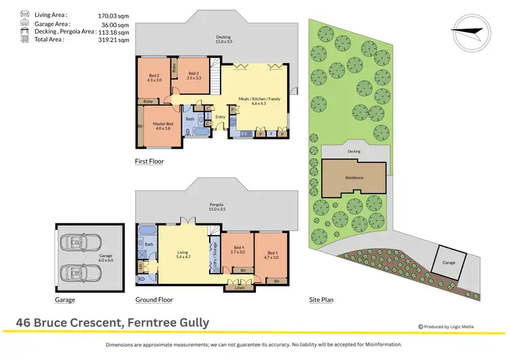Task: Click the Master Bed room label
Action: pos(163,124)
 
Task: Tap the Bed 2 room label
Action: pos(153,77)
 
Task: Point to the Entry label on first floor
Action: pos(220,117)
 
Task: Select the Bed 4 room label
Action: pos(238,249)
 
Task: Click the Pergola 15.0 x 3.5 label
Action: pos(216,206)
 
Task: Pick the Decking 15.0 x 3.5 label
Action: pos(223,39)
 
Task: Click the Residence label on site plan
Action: pos(354,178)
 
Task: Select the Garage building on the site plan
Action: pos(449,261)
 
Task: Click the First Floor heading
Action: pos(149,162)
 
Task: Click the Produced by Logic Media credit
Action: pos(446,327)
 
